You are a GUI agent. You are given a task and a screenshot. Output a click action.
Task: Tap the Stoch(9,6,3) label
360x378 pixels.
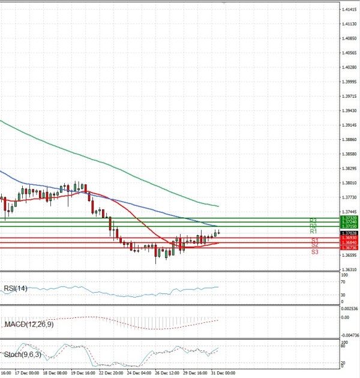[22, 355]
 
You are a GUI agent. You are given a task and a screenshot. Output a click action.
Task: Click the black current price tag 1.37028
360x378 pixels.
[349, 233]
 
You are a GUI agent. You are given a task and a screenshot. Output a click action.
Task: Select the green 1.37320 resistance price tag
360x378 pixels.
[349, 218]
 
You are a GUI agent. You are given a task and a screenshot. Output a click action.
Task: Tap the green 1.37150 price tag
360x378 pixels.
[349, 226]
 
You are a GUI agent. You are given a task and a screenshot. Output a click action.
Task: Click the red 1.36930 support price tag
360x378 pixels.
[349, 238]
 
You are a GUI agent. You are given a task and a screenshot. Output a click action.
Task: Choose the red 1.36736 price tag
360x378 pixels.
[349, 248]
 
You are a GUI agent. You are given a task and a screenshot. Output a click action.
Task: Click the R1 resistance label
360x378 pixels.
[313, 232]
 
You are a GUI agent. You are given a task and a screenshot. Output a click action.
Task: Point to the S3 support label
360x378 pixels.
[314, 252]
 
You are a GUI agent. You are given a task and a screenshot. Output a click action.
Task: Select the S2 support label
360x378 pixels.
[314, 245]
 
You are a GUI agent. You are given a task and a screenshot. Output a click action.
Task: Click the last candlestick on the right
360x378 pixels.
[218, 232]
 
